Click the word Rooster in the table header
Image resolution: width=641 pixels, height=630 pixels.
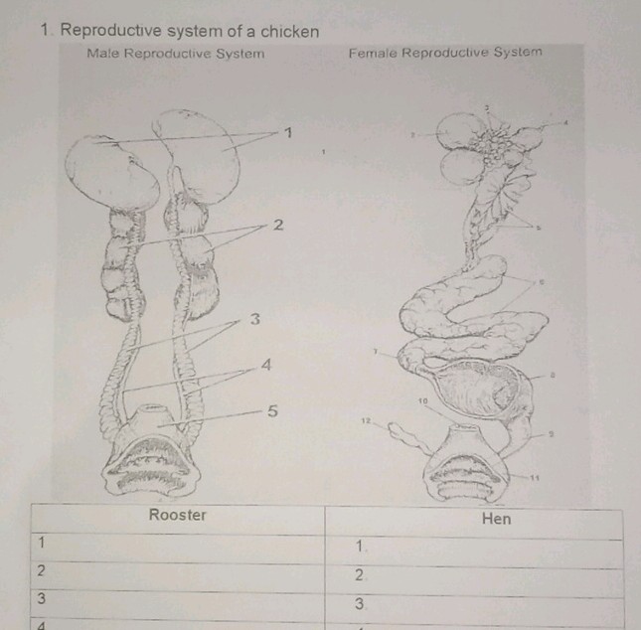click(x=178, y=515)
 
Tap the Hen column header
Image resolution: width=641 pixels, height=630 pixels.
click(x=495, y=519)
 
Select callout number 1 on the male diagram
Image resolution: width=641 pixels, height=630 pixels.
click(x=288, y=132)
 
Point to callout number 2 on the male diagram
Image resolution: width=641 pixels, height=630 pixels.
click(x=279, y=226)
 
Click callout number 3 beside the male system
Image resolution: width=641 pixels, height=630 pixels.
click(x=254, y=319)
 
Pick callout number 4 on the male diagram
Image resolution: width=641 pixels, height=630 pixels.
click(x=265, y=366)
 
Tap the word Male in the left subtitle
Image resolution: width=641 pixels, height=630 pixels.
click(x=103, y=53)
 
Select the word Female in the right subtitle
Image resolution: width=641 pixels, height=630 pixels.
click(x=373, y=52)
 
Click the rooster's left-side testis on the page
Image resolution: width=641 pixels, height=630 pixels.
click(x=111, y=174)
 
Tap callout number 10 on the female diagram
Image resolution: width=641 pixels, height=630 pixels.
click(x=421, y=399)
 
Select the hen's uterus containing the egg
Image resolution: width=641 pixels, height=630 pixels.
click(x=475, y=388)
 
